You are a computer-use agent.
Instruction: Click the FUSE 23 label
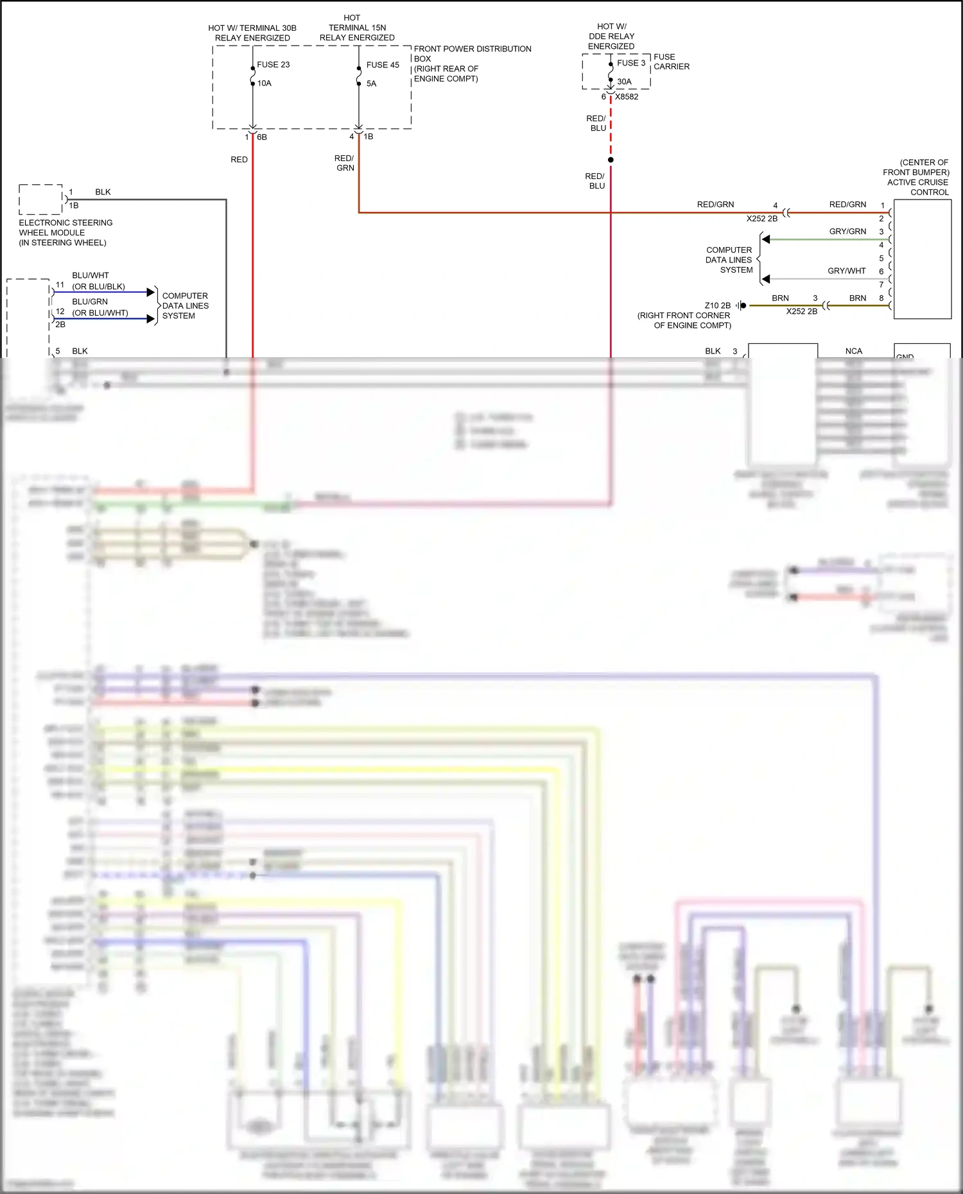pos(273,65)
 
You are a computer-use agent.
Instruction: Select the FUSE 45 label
pos(383,65)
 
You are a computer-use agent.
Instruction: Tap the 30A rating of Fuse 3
pos(624,81)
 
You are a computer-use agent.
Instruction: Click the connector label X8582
pos(627,97)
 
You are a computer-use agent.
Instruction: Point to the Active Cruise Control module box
pos(922,259)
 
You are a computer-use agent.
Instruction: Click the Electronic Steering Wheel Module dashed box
pos(40,199)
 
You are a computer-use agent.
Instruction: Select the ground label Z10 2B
pos(717,306)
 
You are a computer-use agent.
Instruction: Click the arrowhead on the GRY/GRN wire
pos(766,239)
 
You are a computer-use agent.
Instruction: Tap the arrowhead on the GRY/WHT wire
pos(766,279)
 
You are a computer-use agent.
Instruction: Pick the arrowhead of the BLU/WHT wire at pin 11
pos(151,292)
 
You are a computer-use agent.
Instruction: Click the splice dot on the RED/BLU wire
pos(611,160)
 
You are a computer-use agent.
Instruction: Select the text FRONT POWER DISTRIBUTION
pos(473,49)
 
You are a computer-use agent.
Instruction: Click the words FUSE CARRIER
pos(671,62)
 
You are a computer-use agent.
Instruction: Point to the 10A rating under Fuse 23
pos(265,83)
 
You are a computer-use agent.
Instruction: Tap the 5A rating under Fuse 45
pos(371,83)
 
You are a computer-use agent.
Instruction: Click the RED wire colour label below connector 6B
pos(239,160)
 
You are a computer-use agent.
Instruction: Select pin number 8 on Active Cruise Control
pos(881,298)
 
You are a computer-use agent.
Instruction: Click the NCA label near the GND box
pos(853,351)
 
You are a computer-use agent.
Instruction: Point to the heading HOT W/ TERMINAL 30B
pos(252,28)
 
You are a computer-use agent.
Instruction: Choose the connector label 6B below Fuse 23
pos(262,137)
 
